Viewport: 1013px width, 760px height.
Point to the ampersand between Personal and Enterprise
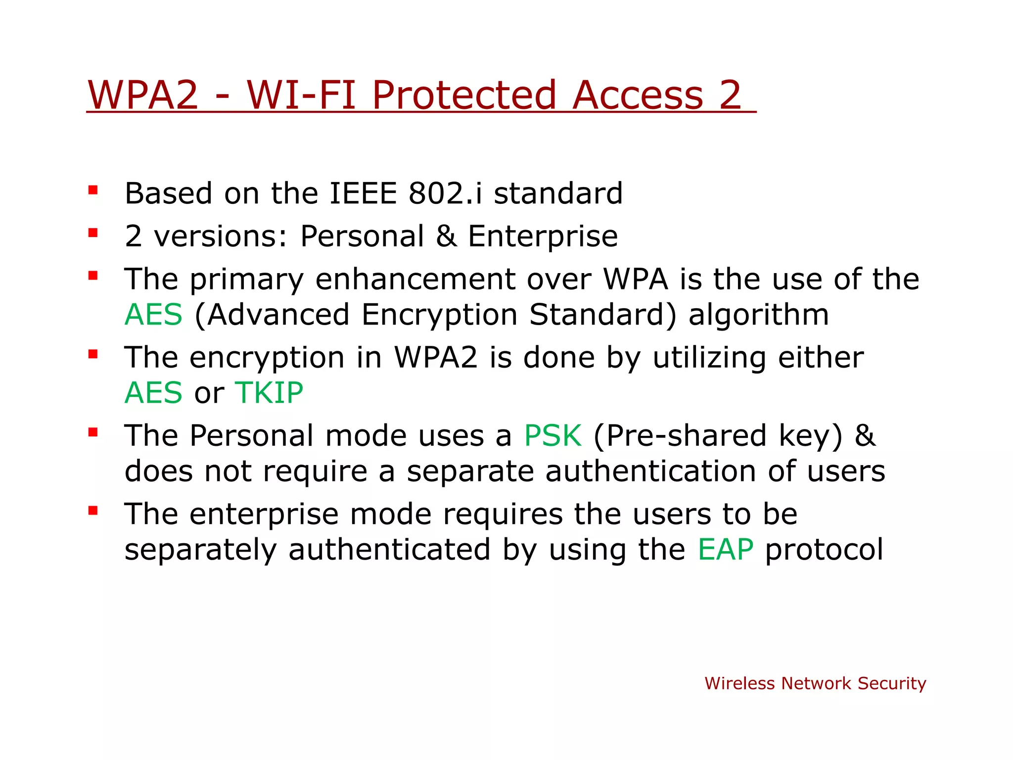coord(446,236)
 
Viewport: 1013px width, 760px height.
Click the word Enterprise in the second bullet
coord(543,236)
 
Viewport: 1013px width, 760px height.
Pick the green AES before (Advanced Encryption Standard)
coord(153,315)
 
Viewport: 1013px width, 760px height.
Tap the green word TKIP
coord(269,393)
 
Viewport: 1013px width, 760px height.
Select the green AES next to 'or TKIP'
coord(153,393)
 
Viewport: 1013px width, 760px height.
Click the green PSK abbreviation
coord(553,436)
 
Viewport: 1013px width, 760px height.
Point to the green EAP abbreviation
coord(726,550)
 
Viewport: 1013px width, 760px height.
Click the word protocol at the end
coord(824,550)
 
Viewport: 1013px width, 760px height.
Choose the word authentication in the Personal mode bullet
coord(650,471)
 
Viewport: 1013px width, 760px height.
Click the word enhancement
coord(415,279)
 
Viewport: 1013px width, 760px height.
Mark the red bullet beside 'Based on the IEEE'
coord(93,190)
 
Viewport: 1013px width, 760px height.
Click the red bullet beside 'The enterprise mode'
coord(93,511)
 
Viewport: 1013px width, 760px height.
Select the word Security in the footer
coord(891,683)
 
